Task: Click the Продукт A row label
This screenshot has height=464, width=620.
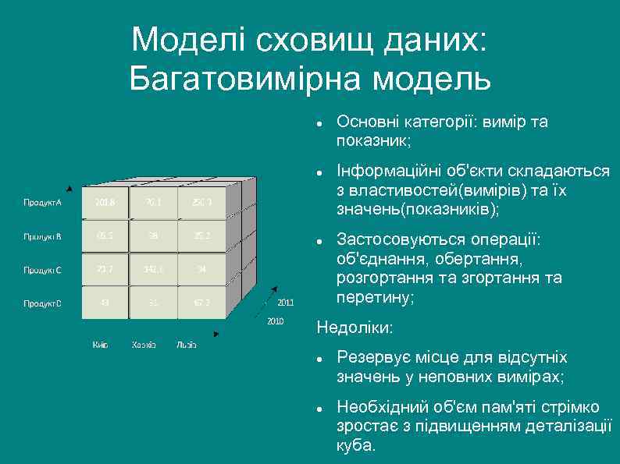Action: [42, 203]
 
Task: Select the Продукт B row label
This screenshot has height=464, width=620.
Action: [42, 236]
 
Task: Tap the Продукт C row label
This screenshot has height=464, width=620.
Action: [42, 270]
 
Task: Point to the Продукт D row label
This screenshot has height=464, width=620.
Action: [42, 303]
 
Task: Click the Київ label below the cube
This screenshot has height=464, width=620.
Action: [100, 344]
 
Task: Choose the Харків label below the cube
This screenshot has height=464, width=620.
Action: [144, 344]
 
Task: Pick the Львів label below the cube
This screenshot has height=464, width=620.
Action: [187, 344]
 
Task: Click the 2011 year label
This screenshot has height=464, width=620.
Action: [286, 303]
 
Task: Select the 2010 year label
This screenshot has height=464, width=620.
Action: [275, 321]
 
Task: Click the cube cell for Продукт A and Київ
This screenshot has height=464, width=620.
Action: [105, 203]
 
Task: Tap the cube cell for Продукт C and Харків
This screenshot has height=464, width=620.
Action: [153, 270]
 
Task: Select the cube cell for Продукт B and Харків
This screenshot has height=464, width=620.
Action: [153, 236]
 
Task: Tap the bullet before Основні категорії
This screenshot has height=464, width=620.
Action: [320, 123]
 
